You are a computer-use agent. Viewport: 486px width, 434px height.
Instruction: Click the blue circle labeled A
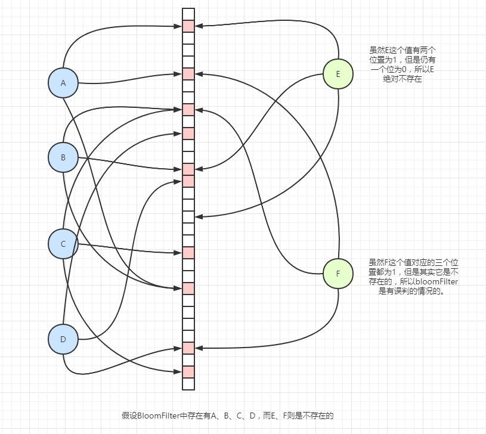pyautogui.click(x=63, y=83)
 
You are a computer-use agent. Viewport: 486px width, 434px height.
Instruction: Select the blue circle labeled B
pyautogui.click(x=63, y=158)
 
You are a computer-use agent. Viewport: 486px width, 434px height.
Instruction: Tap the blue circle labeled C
pyautogui.click(x=63, y=244)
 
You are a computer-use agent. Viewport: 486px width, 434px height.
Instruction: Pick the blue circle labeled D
pyautogui.click(x=63, y=339)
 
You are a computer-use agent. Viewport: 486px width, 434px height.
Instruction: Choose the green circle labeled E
pyautogui.click(x=338, y=74)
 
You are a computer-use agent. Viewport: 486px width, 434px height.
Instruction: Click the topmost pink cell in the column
pyautogui.click(x=188, y=26)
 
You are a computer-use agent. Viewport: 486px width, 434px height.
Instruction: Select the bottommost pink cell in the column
pyautogui.click(x=188, y=372)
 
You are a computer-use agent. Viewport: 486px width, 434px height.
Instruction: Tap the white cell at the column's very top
pyautogui.click(x=188, y=14)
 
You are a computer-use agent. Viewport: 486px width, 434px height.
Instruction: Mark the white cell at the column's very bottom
pyautogui.click(x=188, y=384)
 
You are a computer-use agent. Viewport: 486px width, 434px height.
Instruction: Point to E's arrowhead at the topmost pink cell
pyautogui.click(x=198, y=26)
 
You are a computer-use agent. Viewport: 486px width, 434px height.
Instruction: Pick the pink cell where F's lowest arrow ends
pyautogui.click(x=188, y=348)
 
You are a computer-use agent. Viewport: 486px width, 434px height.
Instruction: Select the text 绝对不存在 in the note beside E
pyautogui.click(x=402, y=79)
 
